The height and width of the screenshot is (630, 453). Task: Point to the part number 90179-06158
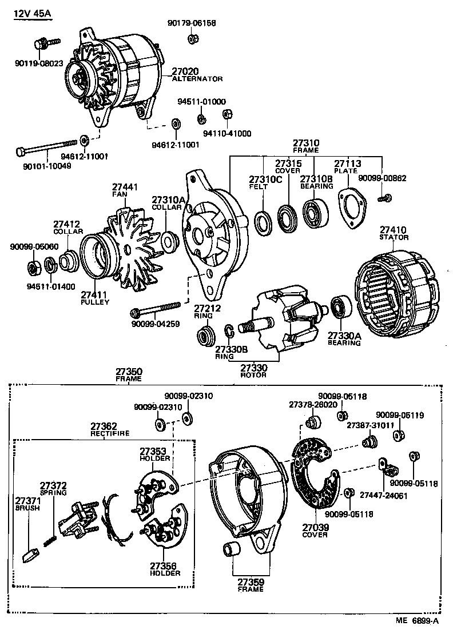(192, 23)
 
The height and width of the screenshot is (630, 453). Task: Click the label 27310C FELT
(265, 182)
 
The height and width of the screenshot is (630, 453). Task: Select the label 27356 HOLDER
(165, 569)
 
